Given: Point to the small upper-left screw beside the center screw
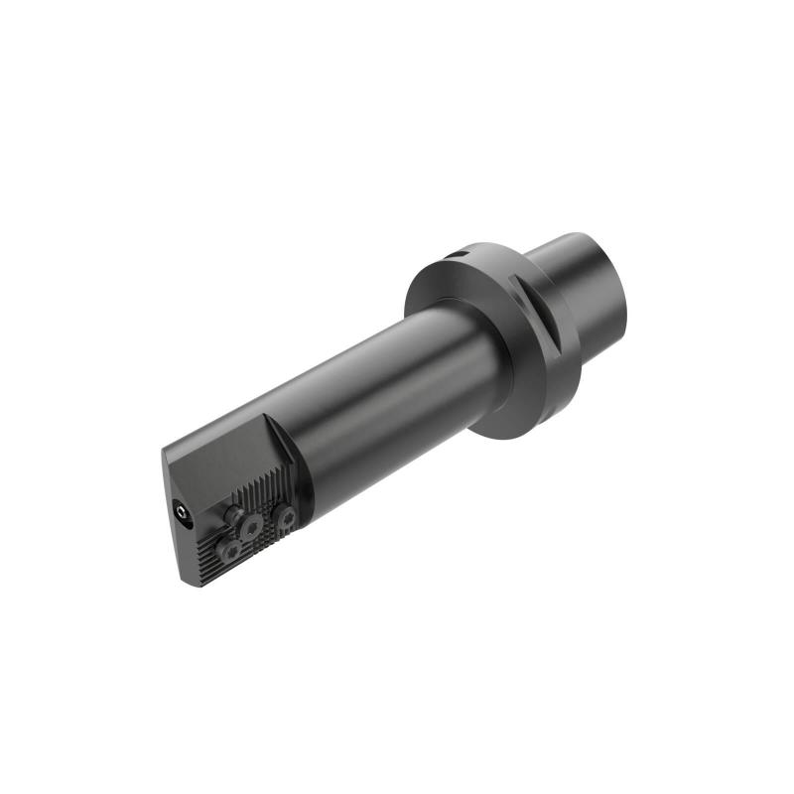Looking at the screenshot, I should (x=235, y=512).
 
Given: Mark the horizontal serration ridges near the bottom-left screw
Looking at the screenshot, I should (x=208, y=551).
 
